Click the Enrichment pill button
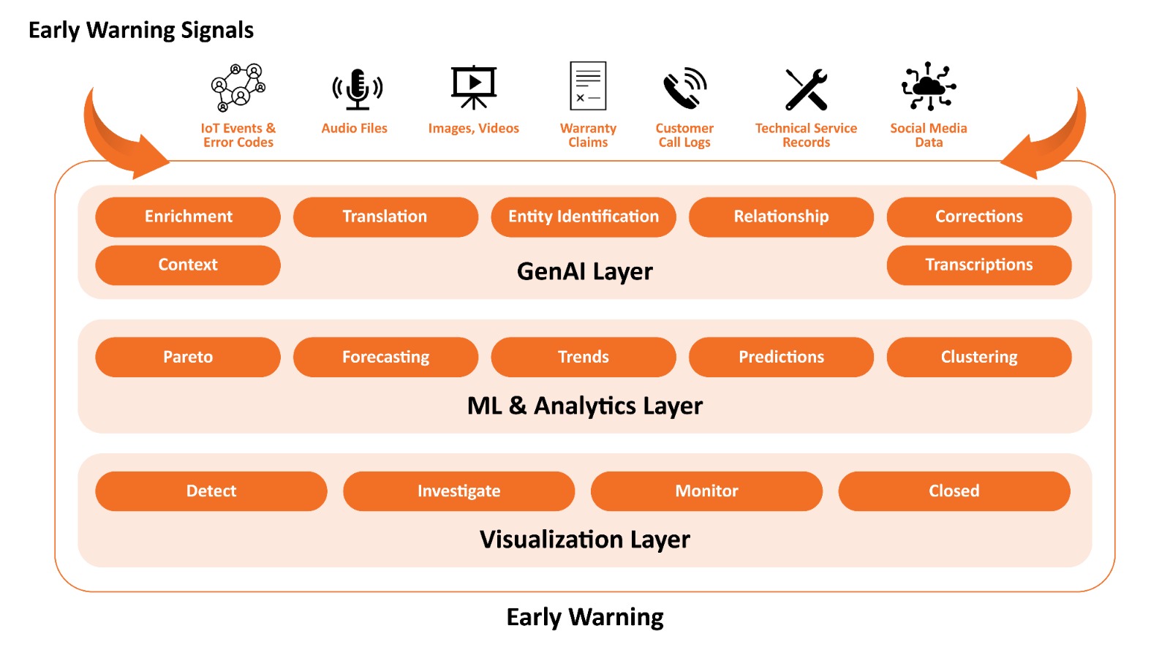click(188, 216)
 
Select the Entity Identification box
click(583, 216)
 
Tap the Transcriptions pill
click(978, 265)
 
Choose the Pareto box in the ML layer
click(188, 357)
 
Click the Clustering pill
click(978, 357)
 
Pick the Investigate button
click(458, 491)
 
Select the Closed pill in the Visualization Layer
click(954, 491)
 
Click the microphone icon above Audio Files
click(357, 89)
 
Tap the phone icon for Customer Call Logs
click(684, 89)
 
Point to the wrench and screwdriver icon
click(806, 89)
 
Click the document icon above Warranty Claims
click(588, 86)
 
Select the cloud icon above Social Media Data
click(928, 86)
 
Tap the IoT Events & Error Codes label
click(238, 135)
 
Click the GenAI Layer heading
click(584, 271)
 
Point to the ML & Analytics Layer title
click(584, 406)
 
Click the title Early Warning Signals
click(141, 30)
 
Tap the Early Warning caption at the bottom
click(584, 617)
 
